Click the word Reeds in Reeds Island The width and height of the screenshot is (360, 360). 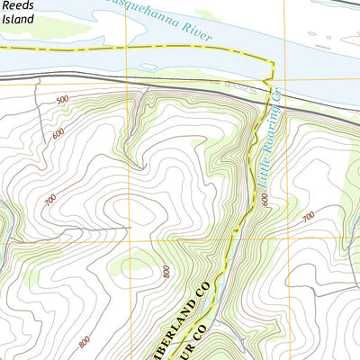pos(17,4)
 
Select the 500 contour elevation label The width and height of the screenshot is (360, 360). pos(61,99)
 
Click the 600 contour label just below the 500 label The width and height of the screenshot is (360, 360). pos(58,133)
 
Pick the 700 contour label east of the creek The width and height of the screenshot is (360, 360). pos(308,217)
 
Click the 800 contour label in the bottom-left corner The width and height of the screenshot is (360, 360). pos(84,341)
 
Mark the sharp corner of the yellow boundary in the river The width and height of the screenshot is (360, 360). pos(271,60)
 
